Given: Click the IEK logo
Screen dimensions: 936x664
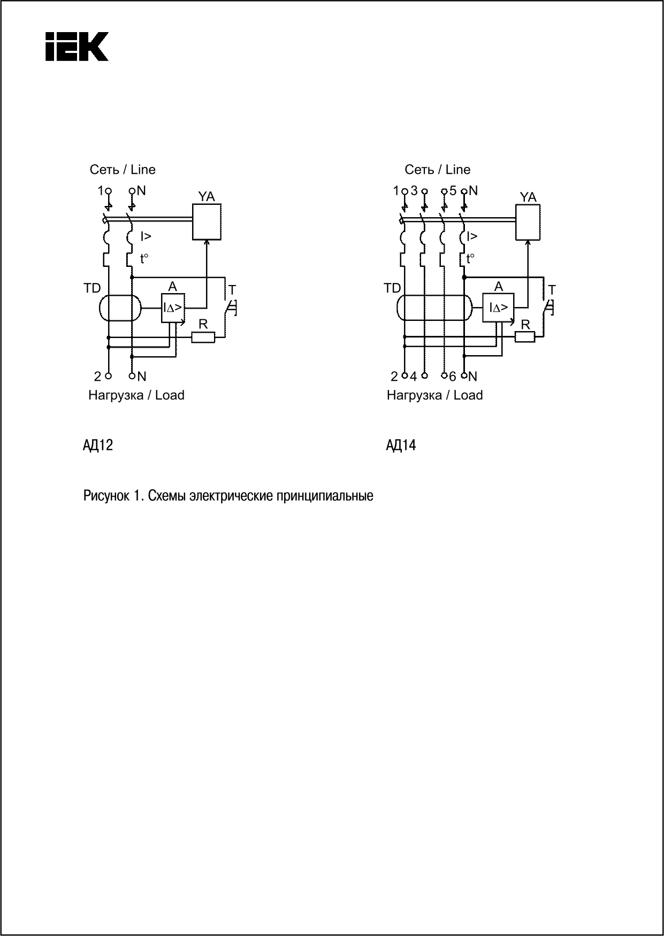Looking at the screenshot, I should point(77,47).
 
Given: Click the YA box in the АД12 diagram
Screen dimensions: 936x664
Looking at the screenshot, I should point(207,221).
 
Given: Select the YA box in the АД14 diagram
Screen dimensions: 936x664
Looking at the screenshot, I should point(528,222).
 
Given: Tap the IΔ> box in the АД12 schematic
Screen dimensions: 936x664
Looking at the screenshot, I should point(173,308).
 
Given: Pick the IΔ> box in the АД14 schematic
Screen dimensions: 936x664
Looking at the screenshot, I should point(498,308).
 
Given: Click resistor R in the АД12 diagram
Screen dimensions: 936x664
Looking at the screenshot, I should point(203,337).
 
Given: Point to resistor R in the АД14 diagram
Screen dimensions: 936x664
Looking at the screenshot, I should point(525,336).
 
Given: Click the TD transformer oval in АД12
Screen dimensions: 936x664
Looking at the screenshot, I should point(120,308).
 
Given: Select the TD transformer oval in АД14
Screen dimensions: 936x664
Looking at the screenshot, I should point(434,308).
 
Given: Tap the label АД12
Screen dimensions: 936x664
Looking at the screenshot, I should point(98,445).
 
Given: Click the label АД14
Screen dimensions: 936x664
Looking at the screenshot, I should point(401,445).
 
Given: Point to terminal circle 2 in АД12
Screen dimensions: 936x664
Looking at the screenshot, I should point(109,376).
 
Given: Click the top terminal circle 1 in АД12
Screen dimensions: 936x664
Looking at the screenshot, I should point(109,190).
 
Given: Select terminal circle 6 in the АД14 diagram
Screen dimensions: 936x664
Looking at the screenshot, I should point(444,375).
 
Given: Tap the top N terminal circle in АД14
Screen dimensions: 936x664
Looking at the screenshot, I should point(464,190).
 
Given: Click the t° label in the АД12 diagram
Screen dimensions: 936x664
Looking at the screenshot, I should point(144,259).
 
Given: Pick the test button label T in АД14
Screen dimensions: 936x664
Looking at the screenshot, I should point(552,290).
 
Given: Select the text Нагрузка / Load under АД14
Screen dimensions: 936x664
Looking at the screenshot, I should point(434,395).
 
